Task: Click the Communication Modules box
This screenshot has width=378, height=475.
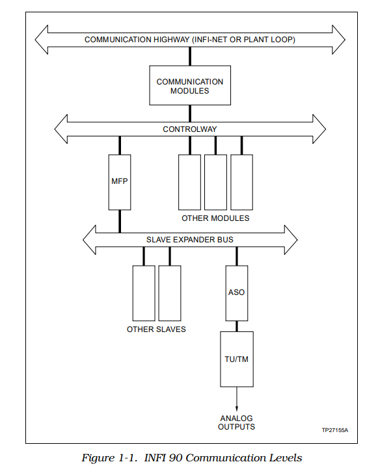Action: pos(190,85)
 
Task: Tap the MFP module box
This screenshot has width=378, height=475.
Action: pos(120,183)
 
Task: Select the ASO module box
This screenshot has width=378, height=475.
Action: pos(237,293)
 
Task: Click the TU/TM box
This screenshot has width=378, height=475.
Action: pos(237,359)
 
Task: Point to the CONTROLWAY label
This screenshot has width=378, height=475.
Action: pos(190,129)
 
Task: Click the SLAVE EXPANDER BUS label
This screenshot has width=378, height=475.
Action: pos(190,240)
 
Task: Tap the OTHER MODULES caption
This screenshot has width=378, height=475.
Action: pos(215,218)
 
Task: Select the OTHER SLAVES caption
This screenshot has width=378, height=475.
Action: pos(156,329)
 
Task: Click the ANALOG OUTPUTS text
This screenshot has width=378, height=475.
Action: pos(237,422)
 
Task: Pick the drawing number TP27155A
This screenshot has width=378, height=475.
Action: pos(335,430)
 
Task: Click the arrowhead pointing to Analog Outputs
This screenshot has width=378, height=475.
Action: pos(237,408)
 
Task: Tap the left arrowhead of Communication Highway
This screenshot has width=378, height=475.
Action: pos(42,40)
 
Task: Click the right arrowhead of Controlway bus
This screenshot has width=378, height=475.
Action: pos(319,129)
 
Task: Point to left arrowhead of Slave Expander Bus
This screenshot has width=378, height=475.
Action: pos(89,240)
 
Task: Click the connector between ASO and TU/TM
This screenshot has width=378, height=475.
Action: pos(237,326)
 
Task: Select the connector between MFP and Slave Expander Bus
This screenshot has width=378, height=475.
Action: pos(120,222)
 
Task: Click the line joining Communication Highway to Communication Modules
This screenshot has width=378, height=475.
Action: pos(190,57)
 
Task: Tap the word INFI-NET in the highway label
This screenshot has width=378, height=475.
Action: pos(210,40)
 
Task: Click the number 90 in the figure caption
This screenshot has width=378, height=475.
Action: pos(176,457)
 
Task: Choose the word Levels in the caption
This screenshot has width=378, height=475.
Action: pos(287,457)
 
